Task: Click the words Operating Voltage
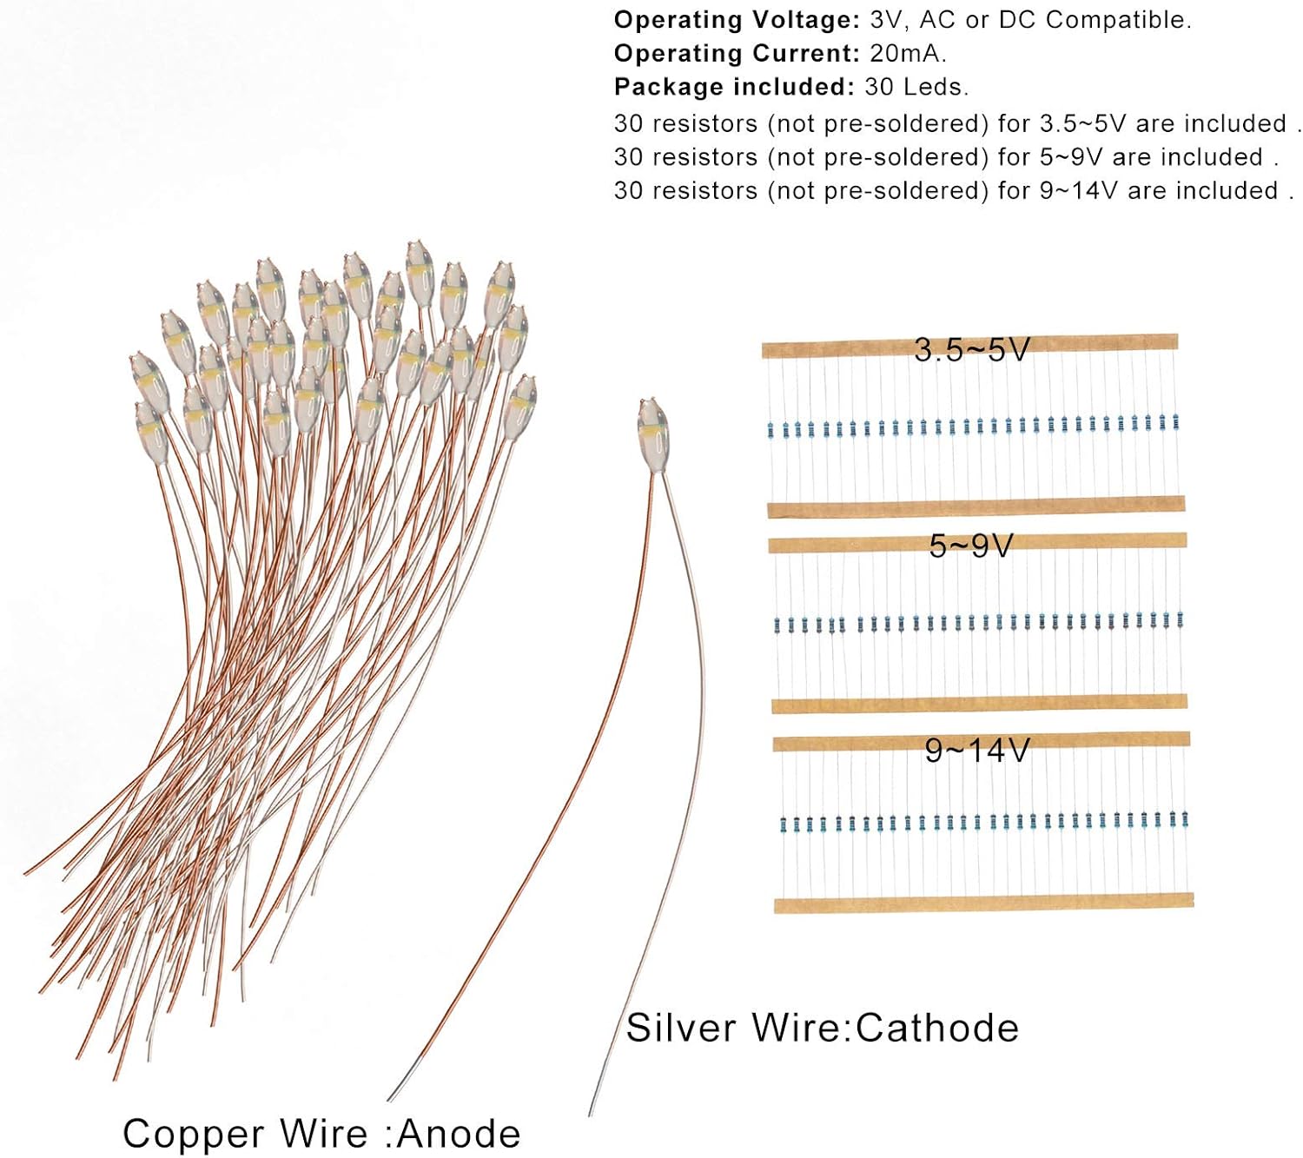(737, 20)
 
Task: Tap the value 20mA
(908, 53)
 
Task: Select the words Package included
(735, 87)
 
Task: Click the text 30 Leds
(916, 87)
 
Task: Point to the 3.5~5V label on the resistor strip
(972, 350)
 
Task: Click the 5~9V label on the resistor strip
(971, 546)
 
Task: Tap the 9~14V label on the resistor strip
(977, 750)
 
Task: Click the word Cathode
(937, 1028)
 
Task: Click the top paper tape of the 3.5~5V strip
(969, 346)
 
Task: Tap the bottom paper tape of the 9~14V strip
(983, 903)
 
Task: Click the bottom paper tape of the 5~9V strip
(979, 703)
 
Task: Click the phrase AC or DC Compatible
(1055, 20)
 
